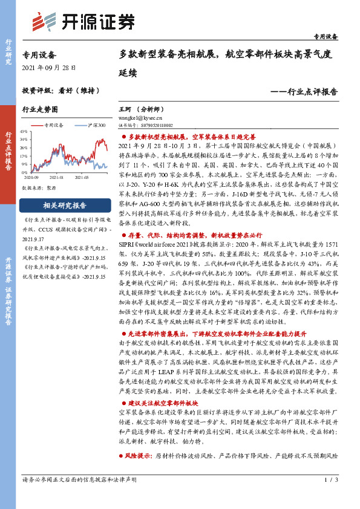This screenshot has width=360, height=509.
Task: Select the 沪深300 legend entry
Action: (92, 125)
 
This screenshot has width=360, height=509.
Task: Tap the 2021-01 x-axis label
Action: (57, 178)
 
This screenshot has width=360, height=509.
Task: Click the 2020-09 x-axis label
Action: (32, 178)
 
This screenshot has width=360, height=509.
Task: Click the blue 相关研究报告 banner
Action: (64, 206)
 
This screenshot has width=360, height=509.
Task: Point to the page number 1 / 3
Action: (330, 497)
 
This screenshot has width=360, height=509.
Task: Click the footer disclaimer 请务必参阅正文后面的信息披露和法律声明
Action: (79, 497)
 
